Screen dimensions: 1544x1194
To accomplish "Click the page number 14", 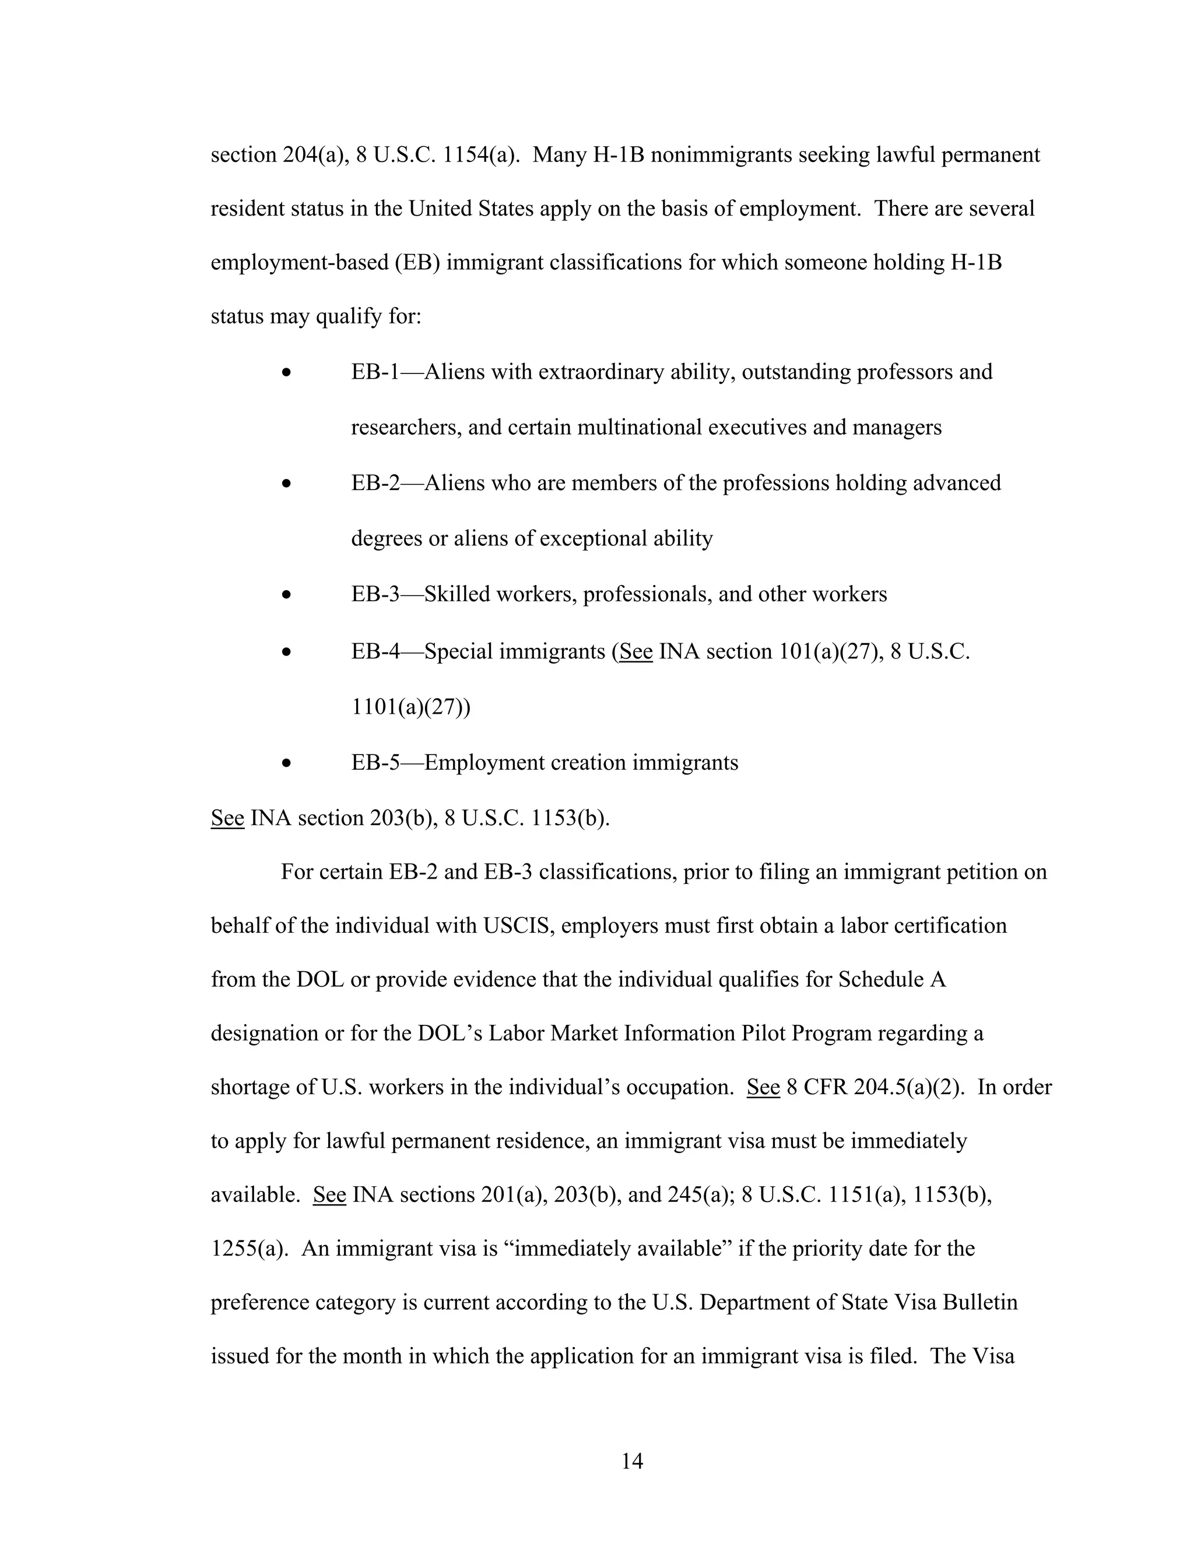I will pos(631,1461).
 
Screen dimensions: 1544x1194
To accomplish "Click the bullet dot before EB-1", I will pos(286,372).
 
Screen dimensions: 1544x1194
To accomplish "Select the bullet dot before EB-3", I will pos(286,595).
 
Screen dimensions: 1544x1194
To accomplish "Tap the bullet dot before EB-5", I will pos(286,763).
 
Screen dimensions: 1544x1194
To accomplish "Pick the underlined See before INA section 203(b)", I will pos(227,818).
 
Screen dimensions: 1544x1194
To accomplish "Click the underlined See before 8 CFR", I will pos(763,1087).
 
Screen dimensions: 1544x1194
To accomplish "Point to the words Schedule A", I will pos(892,980).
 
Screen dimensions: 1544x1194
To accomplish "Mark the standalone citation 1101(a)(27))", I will pos(410,707).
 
